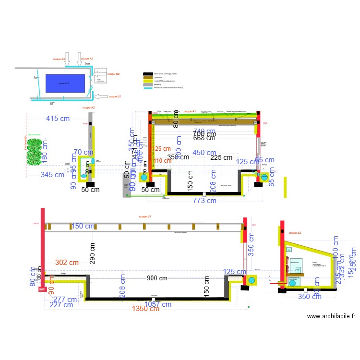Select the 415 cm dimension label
tap(60, 119)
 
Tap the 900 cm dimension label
tap(157, 278)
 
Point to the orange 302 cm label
tap(67, 263)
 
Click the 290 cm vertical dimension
tap(93, 253)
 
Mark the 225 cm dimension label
tap(221, 157)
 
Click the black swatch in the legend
tap(148, 74)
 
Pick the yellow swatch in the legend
tap(148, 81)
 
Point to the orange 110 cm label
tap(161, 161)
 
